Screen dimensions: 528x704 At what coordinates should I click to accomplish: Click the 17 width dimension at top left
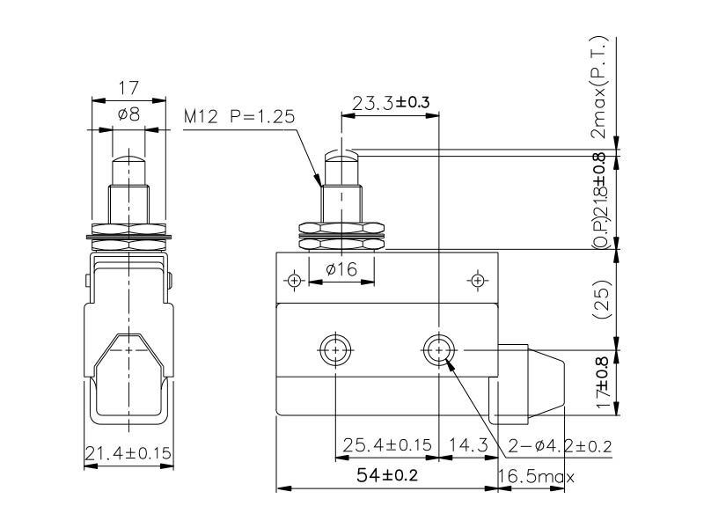129,88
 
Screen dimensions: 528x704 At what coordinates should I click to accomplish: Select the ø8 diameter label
128,114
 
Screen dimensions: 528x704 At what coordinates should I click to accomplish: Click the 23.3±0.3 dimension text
391,103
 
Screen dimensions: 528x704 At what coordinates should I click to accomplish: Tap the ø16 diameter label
340,270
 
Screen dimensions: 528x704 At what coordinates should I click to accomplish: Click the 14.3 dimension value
467,445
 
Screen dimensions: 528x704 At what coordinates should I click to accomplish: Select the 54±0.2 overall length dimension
385,476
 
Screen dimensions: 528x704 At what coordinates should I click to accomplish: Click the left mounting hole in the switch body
334,350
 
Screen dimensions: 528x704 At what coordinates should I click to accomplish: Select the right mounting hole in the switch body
437,350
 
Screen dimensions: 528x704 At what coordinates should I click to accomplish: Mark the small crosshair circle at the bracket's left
294,280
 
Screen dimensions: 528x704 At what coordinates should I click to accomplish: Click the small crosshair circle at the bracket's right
478,280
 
